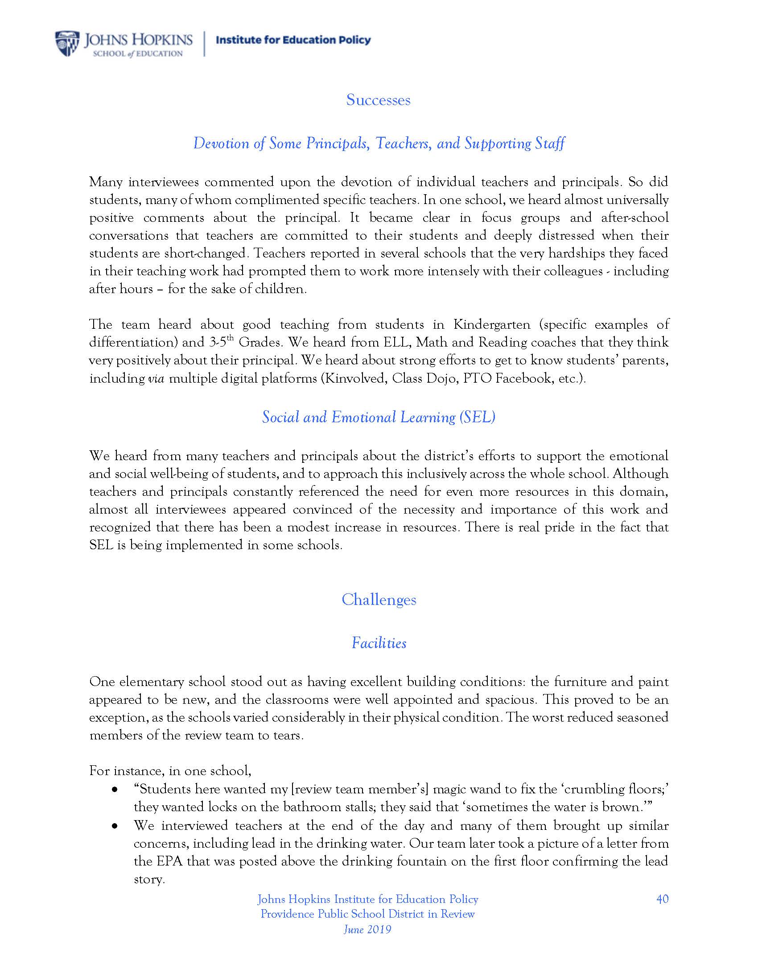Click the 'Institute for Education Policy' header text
(x=293, y=41)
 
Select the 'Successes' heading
(x=378, y=100)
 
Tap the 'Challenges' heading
(x=379, y=600)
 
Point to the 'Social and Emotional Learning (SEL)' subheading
(x=379, y=417)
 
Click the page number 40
(x=662, y=899)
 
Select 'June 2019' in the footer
(x=367, y=929)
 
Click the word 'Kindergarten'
(x=492, y=324)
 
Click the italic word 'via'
(x=156, y=379)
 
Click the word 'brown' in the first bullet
(x=621, y=807)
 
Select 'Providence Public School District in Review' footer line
(x=367, y=914)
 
